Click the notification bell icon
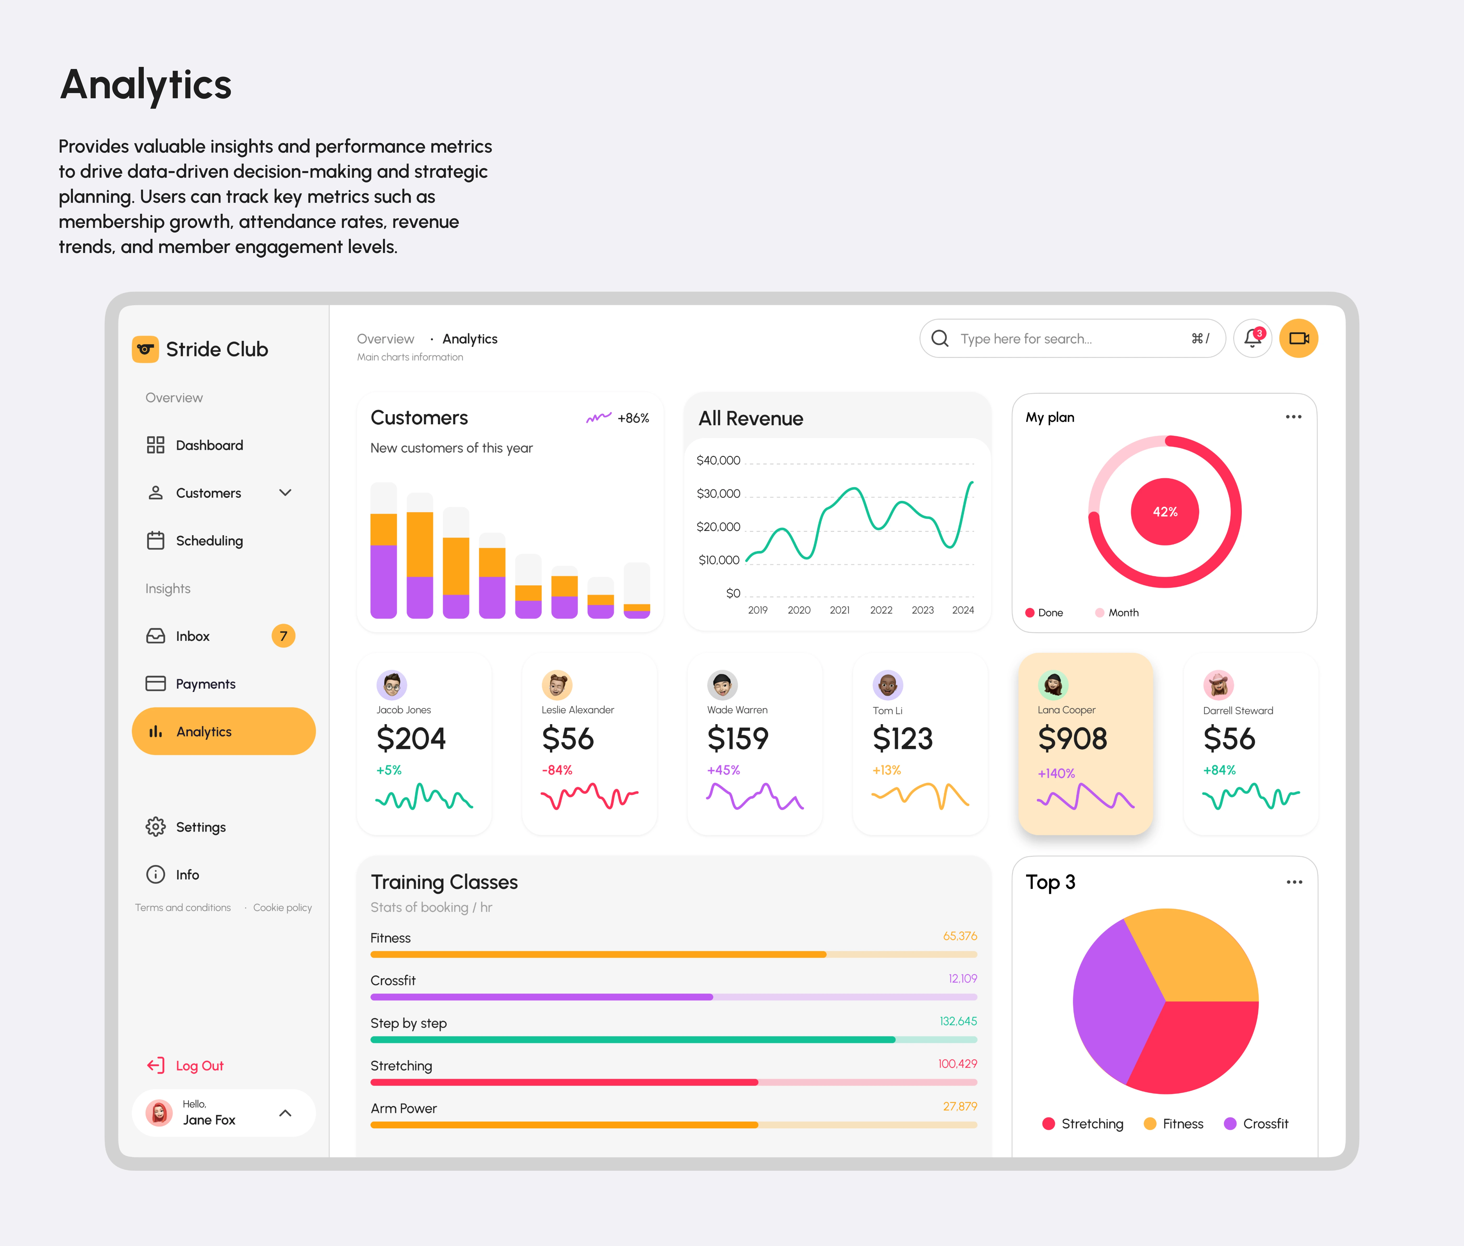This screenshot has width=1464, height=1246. click(1253, 338)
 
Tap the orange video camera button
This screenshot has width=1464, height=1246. click(1299, 338)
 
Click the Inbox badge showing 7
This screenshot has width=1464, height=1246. click(283, 636)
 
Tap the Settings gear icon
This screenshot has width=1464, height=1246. click(156, 826)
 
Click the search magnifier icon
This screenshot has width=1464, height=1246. click(940, 338)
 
